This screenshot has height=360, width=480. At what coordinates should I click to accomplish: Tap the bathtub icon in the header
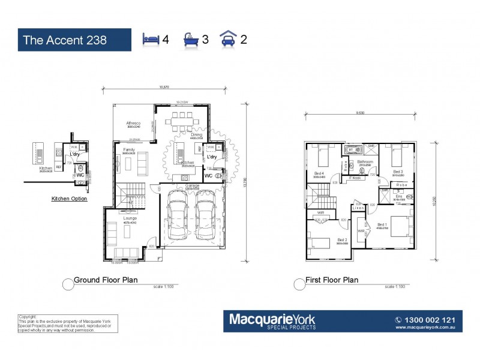coord(190,40)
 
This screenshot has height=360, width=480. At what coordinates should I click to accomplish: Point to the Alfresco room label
coord(133,122)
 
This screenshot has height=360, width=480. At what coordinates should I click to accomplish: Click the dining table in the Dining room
coord(183,119)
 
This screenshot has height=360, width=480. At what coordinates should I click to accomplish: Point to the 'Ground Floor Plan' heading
coord(106,280)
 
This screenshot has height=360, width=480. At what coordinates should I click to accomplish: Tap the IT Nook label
coord(355,178)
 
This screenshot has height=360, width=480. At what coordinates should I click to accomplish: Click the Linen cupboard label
coord(358,208)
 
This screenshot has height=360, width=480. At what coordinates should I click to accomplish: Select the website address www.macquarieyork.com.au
coord(431,328)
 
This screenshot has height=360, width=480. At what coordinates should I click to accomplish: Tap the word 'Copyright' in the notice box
coord(28,316)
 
